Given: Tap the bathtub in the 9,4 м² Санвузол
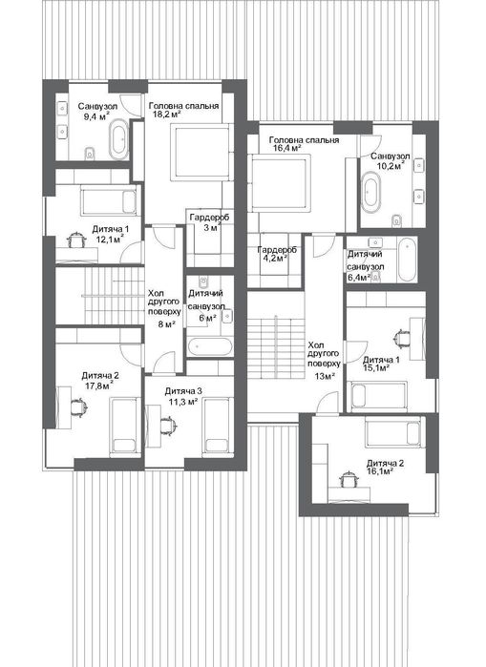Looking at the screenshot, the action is click(x=118, y=139).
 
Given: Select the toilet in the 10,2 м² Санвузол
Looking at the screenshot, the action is click(x=397, y=220).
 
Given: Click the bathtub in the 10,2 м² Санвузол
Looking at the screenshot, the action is click(x=371, y=192).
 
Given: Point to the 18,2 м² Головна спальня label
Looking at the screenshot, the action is click(x=183, y=110).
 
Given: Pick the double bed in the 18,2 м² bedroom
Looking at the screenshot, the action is click(x=201, y=153).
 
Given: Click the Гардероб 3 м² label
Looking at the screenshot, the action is click(x=209, y=222).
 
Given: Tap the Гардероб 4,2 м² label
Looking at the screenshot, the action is click(x=276, y=254).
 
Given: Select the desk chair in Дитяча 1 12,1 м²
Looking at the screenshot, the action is click(x=76, y=240).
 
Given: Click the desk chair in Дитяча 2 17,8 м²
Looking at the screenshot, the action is click(x=78, y=406).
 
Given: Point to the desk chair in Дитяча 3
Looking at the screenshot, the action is click(x=167, y=426).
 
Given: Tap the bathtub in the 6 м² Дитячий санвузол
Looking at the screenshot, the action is click(x=209, y=346).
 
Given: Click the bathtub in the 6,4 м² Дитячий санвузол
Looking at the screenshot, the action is click(x=408, y=260).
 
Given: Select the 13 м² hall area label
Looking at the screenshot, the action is click(x=326, y=376).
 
